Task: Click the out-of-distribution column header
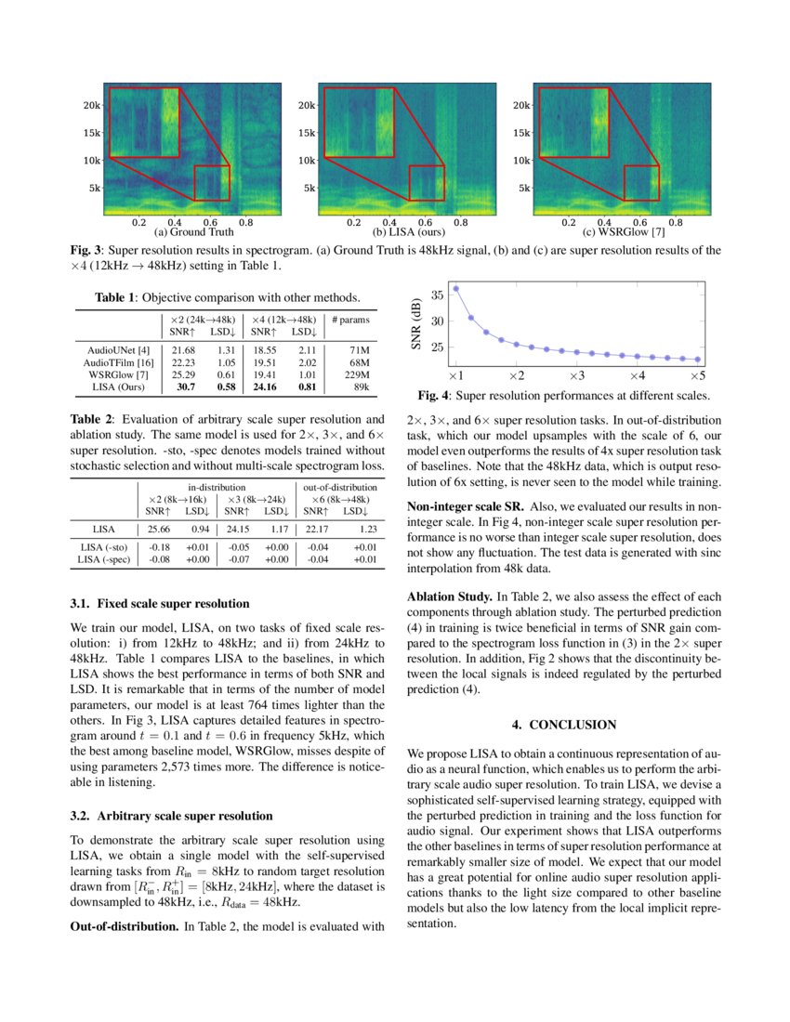point(340,486)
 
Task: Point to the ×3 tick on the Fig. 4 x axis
point(576,376)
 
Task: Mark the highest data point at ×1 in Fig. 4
point(455,289)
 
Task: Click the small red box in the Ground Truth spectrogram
point(211,183)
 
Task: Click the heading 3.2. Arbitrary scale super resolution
point(171,816)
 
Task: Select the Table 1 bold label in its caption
point(116,297)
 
